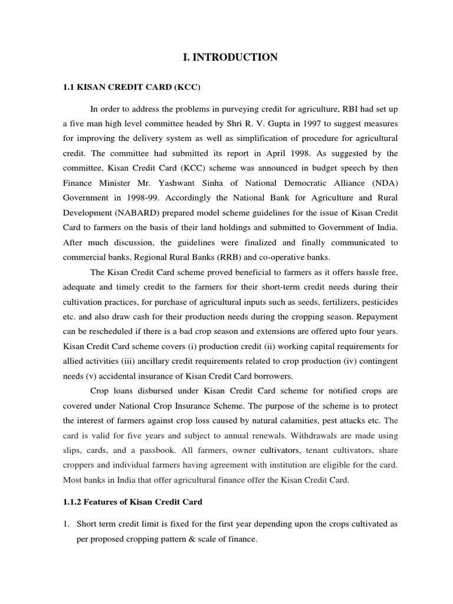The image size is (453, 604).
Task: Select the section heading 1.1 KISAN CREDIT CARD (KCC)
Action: [132, 88]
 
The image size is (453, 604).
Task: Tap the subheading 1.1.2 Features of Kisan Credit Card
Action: [132, 502]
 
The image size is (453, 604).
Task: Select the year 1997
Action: [287, 124]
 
